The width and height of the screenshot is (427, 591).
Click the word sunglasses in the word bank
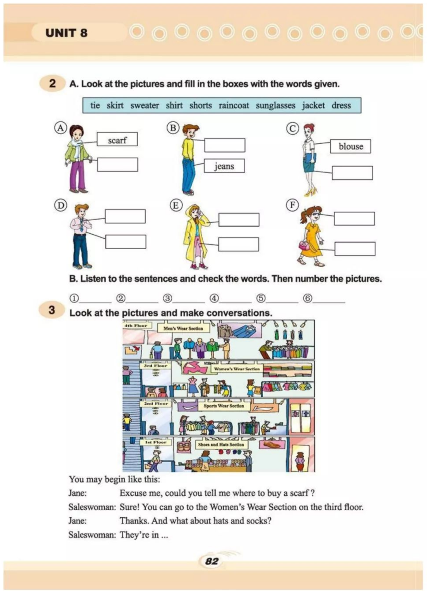(x=275, y=105)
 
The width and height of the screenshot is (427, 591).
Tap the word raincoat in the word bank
(x=234, y=105)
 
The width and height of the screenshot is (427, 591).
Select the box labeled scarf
(x=117, y=140)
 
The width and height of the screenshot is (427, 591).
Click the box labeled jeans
(x=224, y=166)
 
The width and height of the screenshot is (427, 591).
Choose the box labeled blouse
(x=351, y=146)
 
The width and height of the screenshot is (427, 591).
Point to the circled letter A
(x=60, y=128)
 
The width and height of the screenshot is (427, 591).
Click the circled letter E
(x=176, y=205)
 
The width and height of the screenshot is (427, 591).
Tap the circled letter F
(x=292, y=205)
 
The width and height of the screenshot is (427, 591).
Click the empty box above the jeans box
(x=224, y=145)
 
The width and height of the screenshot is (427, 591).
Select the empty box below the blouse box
(x=352, y=173)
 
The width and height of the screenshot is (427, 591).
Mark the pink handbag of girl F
(x=304, y=245)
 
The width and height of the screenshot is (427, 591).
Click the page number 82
(x=212, y=561)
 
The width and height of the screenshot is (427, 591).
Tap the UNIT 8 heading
(x=66, y=33)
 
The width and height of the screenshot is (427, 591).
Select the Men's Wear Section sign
(x=183, y=328)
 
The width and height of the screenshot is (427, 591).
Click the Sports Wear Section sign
(x=223, y=406)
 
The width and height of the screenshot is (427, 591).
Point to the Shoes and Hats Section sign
(x=221, y=445)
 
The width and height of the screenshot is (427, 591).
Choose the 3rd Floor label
(x=155, y=366)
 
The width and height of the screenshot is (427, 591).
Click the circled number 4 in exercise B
(x=214, y=299)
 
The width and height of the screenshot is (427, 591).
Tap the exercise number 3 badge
(x=52, y=310)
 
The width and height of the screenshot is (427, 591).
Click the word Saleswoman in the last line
(x=92, y=535)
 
